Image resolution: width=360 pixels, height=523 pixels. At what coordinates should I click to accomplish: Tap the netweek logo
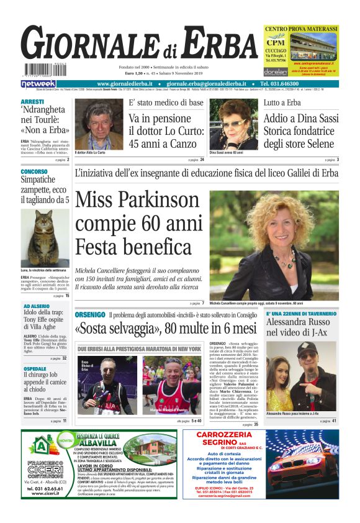(38, 84)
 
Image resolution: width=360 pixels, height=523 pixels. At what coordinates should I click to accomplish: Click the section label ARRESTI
(32, 101)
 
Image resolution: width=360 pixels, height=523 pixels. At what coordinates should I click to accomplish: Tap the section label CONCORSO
(34, 171)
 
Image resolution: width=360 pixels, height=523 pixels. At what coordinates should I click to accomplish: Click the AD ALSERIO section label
(37, 306)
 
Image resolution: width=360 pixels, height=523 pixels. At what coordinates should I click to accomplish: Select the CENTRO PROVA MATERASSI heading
(300, 29)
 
